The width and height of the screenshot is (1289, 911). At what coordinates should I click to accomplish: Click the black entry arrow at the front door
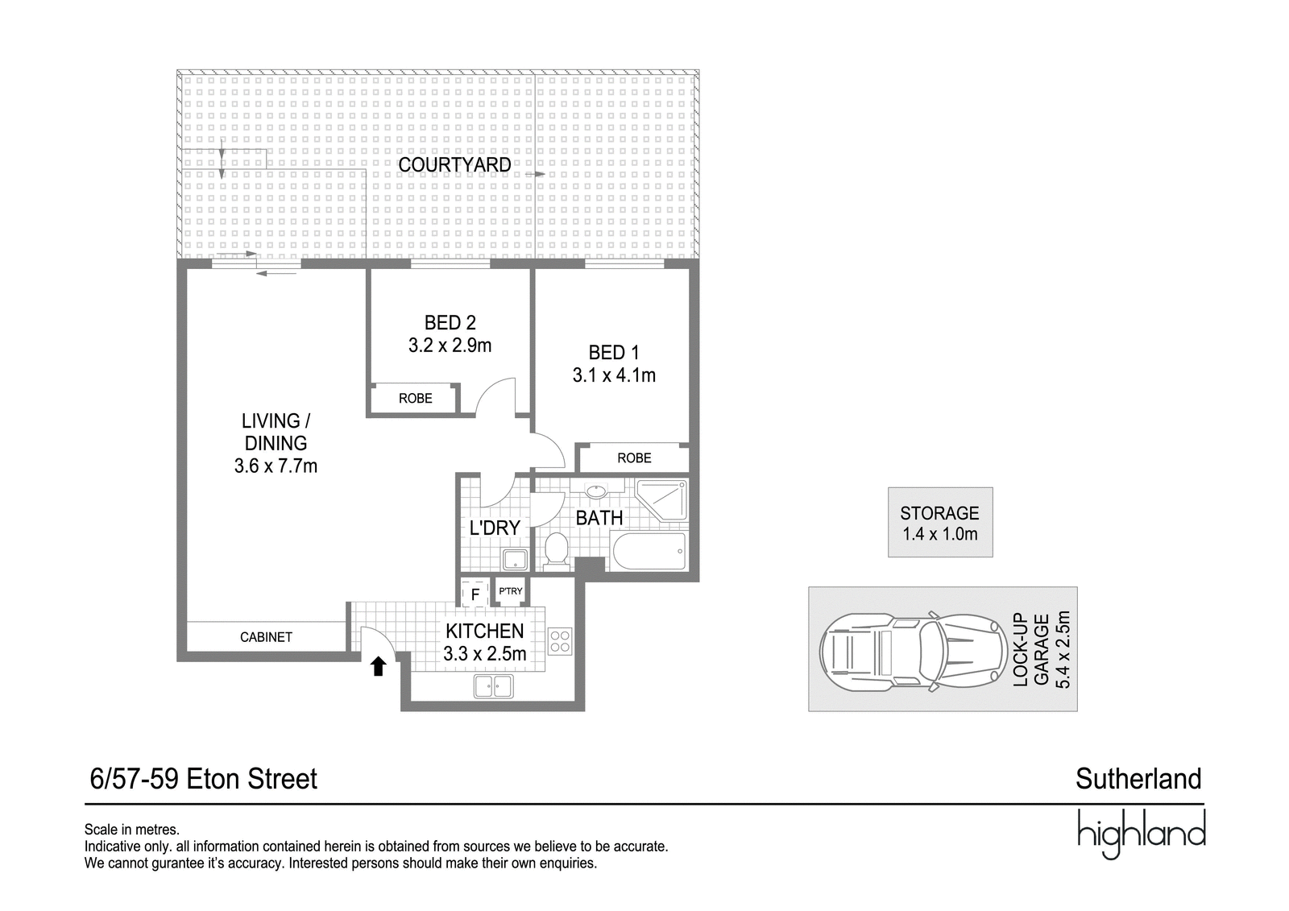tap(378, 667)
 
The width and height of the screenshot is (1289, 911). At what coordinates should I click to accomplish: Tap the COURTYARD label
tap(454, 164)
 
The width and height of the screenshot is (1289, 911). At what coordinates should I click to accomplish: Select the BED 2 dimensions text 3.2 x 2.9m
tap(450, 346)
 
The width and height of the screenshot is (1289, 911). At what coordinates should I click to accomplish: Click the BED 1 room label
tap(614, 352)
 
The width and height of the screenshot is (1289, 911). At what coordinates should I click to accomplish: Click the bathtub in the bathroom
tap(649, 551)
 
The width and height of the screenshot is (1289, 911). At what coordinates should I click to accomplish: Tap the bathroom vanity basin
tap(596, 491)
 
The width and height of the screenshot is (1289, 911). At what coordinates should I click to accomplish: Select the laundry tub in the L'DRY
tap(515, 559)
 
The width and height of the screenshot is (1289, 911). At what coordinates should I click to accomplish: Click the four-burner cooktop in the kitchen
tap(560, 641)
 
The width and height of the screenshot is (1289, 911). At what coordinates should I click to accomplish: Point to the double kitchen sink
tap(493, 686)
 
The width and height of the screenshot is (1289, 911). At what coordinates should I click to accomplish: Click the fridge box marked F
tap(475, 593)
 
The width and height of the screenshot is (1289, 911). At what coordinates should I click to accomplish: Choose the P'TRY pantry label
tap(511, 591)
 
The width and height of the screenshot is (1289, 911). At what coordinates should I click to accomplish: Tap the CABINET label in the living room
tap(266, 637)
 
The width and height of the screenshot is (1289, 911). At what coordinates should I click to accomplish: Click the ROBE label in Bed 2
tap(416, 398)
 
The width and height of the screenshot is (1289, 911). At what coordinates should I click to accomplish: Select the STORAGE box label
tap(939, 513)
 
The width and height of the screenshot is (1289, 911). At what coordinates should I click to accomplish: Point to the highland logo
tap(1141, 834)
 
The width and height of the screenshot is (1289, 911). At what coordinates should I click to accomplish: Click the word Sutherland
tap(1138, 779)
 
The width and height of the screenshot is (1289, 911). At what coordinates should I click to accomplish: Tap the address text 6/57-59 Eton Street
tap(204, 779)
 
